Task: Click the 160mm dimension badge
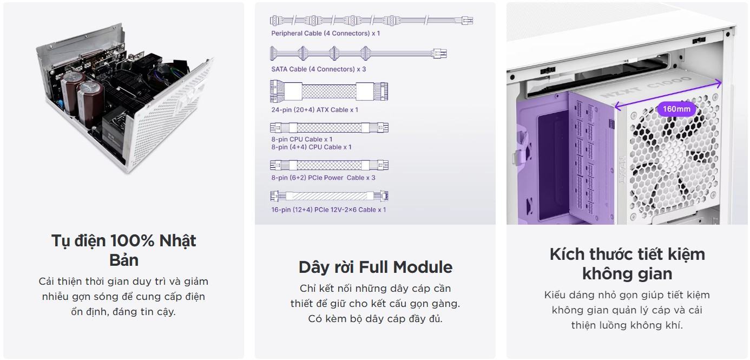[676, 109]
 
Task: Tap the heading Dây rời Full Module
[375, 267]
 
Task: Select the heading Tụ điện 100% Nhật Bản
[124, 250]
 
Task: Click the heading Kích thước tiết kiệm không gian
[627, 264]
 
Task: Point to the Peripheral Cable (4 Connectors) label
[326, 34]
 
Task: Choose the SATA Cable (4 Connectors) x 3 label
[319, 69]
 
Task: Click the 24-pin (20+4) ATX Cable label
[315, 110]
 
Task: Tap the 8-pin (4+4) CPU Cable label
[311, 147]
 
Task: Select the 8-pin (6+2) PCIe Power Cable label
[323, 178]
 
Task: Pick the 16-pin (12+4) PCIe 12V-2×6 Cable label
[329, 210]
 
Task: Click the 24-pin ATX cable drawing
[329, 90]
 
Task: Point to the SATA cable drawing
[358, 53]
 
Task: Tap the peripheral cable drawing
[371, 21]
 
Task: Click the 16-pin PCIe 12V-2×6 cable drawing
[329, 196]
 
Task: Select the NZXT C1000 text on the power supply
[660, 90]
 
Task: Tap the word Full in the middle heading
[373, 267]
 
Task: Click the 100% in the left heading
[133, 240]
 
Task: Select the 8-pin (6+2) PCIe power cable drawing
[329, 165]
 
